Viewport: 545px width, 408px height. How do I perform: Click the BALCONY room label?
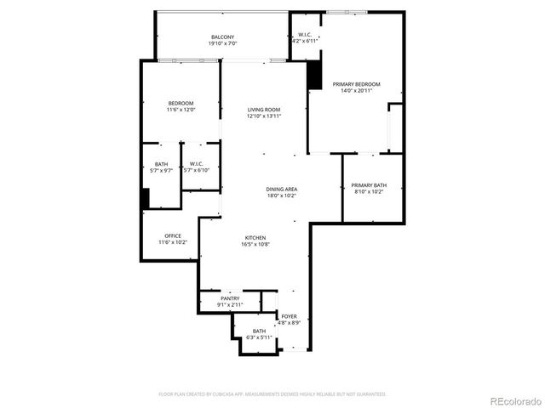[x=223, y=37]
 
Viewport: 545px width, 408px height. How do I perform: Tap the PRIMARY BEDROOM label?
[x=356, y=84]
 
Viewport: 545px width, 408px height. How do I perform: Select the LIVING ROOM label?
[x=264, y=110]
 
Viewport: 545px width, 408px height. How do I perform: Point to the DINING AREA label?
[x=281, y=189]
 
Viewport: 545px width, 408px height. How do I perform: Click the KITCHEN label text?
[x=256, y=237]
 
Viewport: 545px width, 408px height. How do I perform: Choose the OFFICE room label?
[x=172, y=235]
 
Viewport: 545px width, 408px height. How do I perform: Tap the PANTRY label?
[x=230, y=298]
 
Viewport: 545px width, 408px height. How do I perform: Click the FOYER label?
[x=290, y=316]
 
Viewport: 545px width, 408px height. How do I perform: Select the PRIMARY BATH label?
[x=369, y=184]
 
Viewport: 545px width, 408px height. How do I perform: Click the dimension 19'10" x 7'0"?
[x=223, y=43]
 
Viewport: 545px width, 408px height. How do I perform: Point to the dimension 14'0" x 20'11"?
[x=356, y=91]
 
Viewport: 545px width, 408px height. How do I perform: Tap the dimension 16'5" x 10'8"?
[x=256, y=244]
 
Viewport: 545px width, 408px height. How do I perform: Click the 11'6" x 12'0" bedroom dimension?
[x=181, y=110]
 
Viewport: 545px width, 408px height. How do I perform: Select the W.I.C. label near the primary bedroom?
[x=305, y=35]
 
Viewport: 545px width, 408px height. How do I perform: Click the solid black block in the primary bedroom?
[x=315, y=74]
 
